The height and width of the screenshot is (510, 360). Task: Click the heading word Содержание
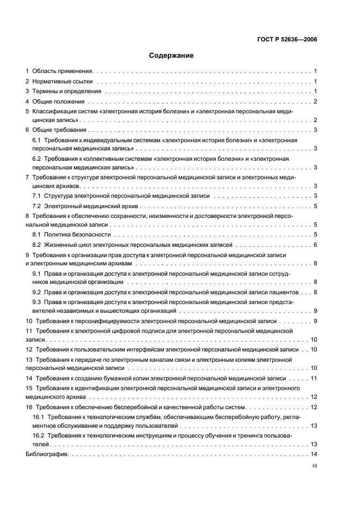[172, 55]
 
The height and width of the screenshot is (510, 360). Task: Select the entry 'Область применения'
[63, 71]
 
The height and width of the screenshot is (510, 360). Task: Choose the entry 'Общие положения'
[58, 101]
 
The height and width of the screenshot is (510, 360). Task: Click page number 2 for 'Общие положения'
[315, 101]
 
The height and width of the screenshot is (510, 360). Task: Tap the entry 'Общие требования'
[59, 130]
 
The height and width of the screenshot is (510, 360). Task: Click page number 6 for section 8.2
[315, 245]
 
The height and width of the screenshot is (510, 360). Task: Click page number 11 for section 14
[314, 378]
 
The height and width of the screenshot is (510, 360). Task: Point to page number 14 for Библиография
[314, 454]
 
